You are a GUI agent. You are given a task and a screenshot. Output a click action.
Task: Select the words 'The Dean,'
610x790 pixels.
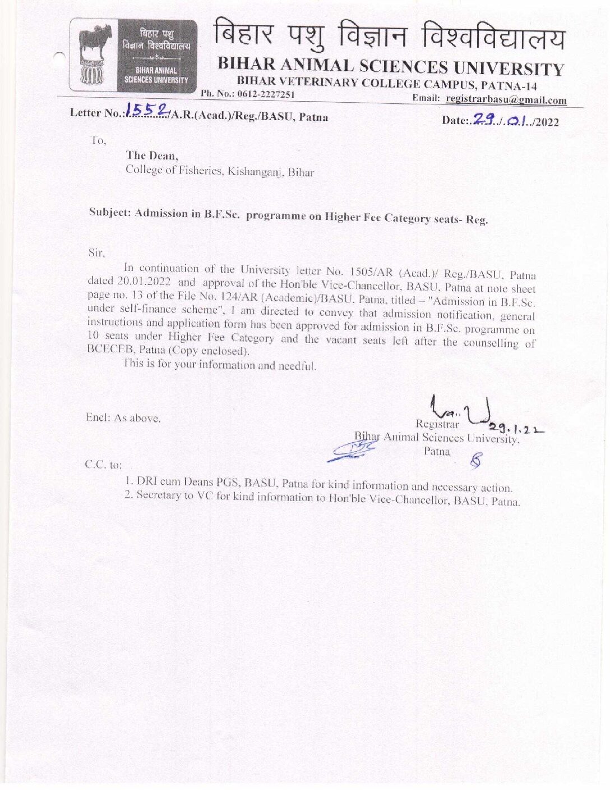pyautogui.click(x=152, y=155)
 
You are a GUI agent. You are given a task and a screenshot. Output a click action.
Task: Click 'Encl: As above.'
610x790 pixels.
pyautogui.click(x=123, y=418)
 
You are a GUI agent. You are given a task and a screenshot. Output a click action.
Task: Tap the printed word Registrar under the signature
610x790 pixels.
pyautogui.click(x=437, y=424)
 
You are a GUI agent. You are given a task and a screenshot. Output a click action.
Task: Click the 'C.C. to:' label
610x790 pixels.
pyautogui.click(x=103, y=465)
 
